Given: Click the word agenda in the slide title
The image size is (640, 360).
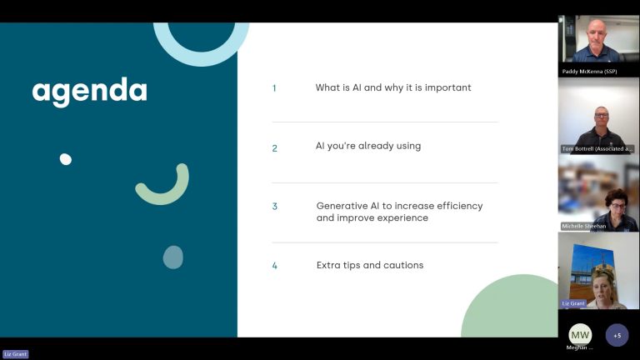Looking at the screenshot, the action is pos(89,92).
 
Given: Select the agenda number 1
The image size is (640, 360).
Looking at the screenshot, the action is pos(274,88).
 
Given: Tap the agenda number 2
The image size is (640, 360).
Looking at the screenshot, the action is pos(275,148).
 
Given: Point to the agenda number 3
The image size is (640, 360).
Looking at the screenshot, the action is pos(275,207).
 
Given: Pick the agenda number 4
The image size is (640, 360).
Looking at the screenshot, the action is pos(275,266).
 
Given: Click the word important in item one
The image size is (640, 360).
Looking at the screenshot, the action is pos(447,88).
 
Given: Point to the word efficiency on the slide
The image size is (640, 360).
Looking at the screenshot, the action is pos(460,206).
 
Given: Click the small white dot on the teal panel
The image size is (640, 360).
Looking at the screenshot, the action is pos(65,159).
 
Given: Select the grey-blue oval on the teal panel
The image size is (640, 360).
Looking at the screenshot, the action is pos(173,257).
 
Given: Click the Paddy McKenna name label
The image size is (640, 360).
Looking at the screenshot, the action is pos(589,72).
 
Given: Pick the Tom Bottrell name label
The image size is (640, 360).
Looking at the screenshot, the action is pos(597,149).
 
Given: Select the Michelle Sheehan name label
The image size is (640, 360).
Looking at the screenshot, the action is pos(583,226).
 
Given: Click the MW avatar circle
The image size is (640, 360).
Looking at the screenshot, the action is pos(580,335).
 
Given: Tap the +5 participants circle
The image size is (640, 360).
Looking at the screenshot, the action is pos(617,335).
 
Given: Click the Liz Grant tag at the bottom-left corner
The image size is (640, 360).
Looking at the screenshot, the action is pos(16,354).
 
